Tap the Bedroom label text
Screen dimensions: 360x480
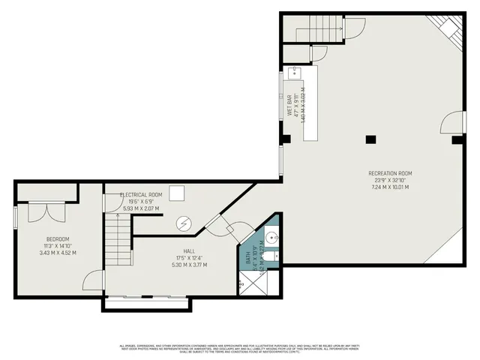pyautogui.click(x=57, y=240)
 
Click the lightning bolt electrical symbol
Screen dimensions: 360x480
pyautogui.click(x=184, y=223)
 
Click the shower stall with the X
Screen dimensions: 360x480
pyautogui.click(x=241, y=284)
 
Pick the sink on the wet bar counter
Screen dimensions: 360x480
pyautogui.click(x=295, y=73)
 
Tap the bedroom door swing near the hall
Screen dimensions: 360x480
pyautogui.click(x=92, y=281)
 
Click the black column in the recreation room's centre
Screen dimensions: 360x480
pyautogui.click(x=370, y=139)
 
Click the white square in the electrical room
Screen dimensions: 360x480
pyautogui.click(x=177, y=194)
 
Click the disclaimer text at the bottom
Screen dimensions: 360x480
pyautogui.click(x=240, y=349)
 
